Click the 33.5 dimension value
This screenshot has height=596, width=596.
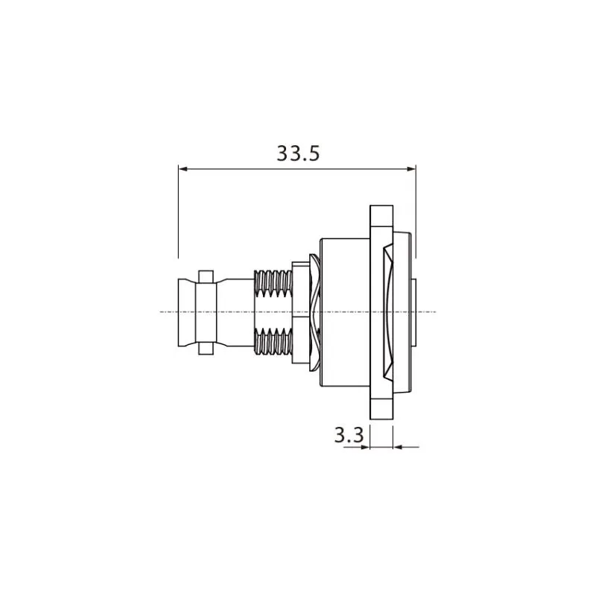coord(298,153)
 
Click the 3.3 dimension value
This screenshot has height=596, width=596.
coord(349,435)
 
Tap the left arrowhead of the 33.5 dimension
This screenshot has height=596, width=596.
coord(183,169)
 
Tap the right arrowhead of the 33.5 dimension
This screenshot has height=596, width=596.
coord(411,169)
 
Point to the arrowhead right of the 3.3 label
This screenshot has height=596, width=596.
coord(365,447)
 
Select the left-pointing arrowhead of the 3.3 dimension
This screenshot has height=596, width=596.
coord(398,447)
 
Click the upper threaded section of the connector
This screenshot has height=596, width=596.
coord(273,284)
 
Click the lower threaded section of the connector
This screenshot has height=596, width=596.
coord(273,340)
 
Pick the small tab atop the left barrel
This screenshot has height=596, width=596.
coord(206,276)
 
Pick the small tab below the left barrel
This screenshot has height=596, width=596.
coord(206,347)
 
